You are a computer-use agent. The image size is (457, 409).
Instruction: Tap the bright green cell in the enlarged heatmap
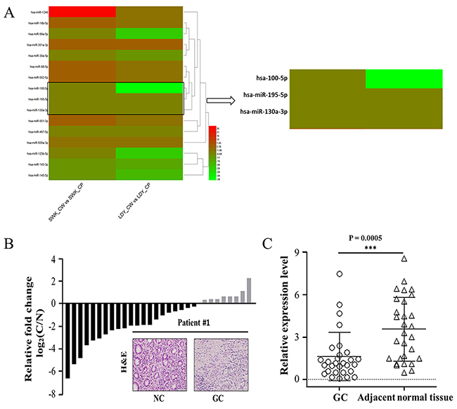click(x=404, y=78)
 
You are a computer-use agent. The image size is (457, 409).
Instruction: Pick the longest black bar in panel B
click(x=68, y=340)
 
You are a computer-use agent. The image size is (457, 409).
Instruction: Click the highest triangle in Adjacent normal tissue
click(x=404, y=259)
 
